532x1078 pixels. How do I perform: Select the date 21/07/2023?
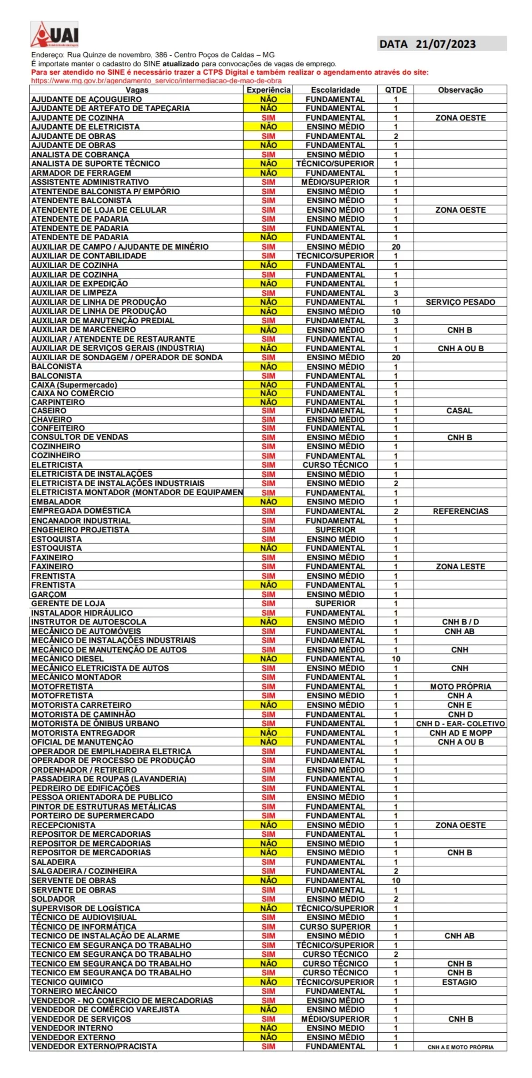point(445,44)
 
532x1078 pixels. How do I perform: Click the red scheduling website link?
point(156,81)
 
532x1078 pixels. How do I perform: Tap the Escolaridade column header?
point(335,90)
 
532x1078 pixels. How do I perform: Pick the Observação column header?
point(460,90)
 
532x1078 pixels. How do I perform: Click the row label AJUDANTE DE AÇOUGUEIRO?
point(86,100)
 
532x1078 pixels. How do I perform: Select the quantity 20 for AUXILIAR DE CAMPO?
point(396,247)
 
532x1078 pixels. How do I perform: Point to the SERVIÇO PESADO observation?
point(460,302)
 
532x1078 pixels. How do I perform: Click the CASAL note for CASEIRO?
point(459,411)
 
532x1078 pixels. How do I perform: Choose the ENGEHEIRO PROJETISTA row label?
point(80,530)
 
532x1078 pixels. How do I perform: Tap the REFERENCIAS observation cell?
point(460,511)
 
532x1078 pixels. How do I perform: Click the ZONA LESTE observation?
point(460,567)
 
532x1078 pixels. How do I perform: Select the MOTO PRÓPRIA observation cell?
point(460,687)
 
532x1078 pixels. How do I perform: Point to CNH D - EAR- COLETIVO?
point(460,724)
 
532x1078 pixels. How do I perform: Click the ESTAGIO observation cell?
point(459,982)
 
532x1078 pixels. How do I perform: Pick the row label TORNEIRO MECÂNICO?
point(74,991)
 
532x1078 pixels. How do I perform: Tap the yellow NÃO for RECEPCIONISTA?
point(268,825)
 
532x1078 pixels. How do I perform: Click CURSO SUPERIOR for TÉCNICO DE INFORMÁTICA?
point(335,927)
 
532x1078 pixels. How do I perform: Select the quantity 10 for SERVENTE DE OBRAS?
point(396,881)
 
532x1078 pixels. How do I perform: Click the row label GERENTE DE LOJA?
point(68,604)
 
